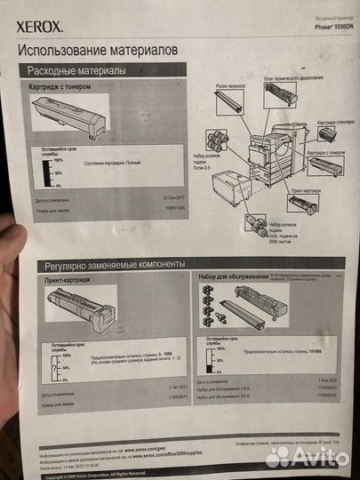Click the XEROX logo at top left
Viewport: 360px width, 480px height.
click(41, 28)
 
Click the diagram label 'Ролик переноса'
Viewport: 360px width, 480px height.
click(231, 88)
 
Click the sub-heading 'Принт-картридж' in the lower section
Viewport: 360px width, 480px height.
click(68, 282)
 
